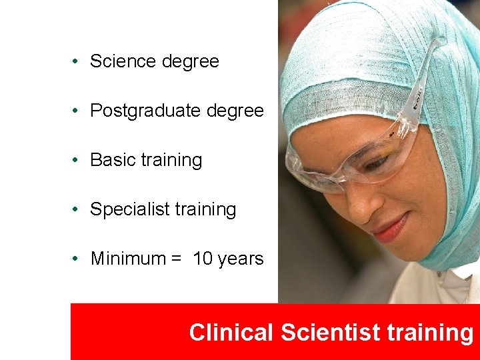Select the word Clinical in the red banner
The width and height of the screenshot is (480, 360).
231,332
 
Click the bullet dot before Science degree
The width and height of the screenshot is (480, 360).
78,61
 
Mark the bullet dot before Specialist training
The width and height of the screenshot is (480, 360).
78,209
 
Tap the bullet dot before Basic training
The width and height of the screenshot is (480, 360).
78,160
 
